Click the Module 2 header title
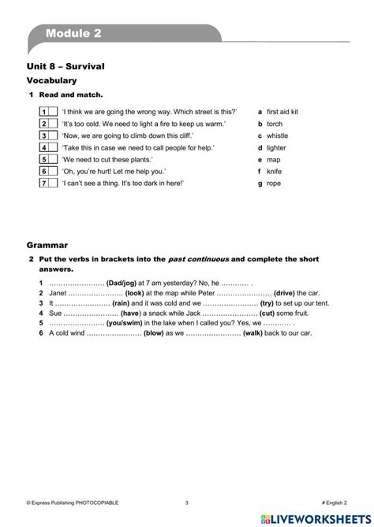pos(73,33)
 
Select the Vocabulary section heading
pos(51,80)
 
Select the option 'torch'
pos(275,124)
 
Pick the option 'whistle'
pos(277,135)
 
